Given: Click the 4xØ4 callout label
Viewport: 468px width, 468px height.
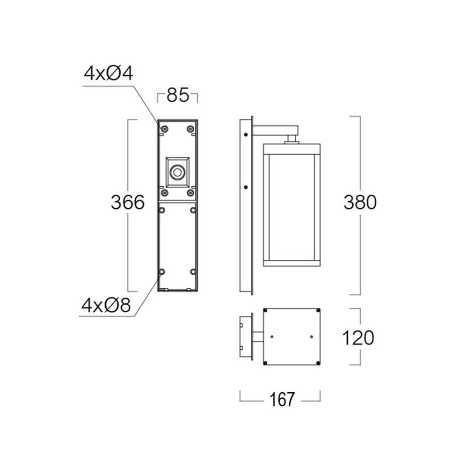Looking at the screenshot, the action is tap(109, 73).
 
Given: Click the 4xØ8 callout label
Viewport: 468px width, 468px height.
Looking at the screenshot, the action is tap(106, 305).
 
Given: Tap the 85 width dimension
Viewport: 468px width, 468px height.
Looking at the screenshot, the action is tap(178, 95).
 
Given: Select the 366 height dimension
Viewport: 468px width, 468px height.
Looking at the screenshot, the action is tap(128, 202).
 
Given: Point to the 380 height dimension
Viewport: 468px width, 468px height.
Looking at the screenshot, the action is tap(360, 202).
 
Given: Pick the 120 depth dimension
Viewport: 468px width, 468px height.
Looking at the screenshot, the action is tap(358, 338).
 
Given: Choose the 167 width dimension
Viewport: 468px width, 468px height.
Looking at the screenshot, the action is tap(282, 399).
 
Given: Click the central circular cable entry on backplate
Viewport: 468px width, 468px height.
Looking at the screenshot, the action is tap(177, 172).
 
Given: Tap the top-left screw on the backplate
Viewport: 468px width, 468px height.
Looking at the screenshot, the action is tap(164, 129).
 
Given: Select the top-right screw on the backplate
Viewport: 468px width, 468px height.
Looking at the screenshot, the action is tap(190, 129).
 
